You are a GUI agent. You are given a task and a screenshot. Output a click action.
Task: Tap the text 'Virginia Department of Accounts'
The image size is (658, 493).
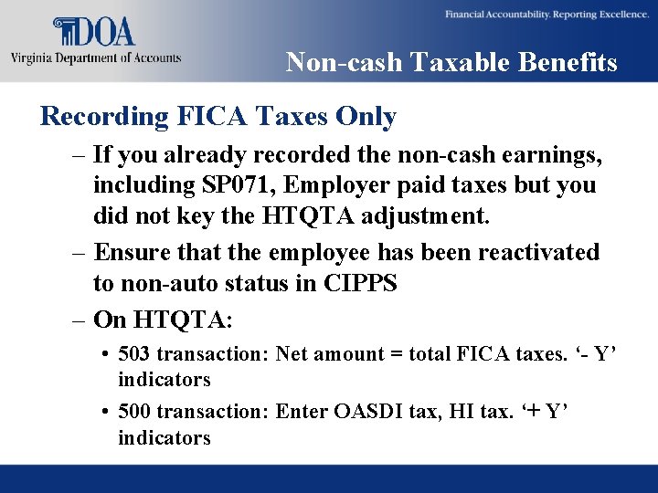coord(96,58)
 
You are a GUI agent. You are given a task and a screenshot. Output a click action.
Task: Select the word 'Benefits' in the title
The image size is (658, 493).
coord(574,62)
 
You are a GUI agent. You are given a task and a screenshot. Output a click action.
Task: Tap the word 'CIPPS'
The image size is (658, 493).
coord(360,283)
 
